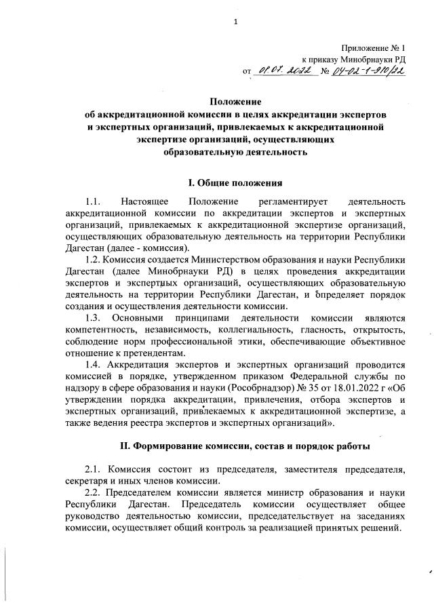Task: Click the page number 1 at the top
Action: pyautogui.click(x=235, y=21)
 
